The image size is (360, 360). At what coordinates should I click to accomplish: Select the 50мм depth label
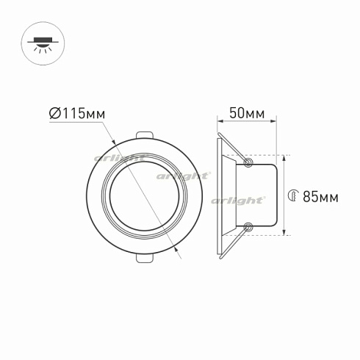pyautogui.click(x=246, y=113)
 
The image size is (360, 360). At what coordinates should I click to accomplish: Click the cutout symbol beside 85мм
pyautogui.click(x=292, y=195)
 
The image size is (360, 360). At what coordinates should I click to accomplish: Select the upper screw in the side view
pyautogui.click(x=249, y=161)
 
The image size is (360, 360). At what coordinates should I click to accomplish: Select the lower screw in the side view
pyautogui.click(x=249, y=228)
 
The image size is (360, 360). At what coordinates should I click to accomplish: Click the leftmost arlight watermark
pyautogui.click(x=118, y=159)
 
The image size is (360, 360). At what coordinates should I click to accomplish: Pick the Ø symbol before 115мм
pyautogui.click(x=54, y=113)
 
